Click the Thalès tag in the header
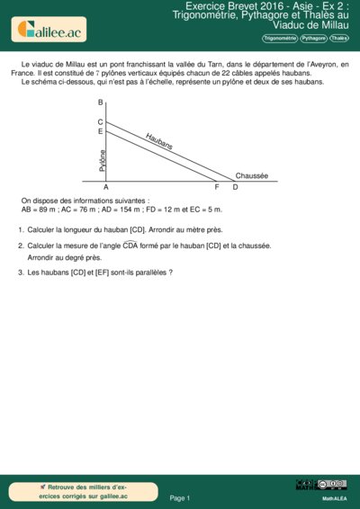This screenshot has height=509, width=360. click(x=339, y=39)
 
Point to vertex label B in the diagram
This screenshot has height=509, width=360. click(x=100, y=103)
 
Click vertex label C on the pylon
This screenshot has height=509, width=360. click(x=100, y=121)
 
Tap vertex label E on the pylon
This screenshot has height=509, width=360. click(x=100, y=131)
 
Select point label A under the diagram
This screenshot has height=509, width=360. click(x=105, y=187)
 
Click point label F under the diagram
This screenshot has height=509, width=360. click(x=217, y=187)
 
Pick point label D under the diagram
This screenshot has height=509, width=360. click(x=235, y=187)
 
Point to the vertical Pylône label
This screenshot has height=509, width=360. click(x=103, y=160)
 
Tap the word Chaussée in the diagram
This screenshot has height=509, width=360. click(x=251, y=175)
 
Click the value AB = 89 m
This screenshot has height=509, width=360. click(x=41, y=209)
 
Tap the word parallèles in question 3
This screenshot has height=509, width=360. click(x=146, y=272)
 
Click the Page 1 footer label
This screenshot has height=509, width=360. click(x=179, y=497)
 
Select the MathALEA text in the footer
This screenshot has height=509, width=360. click(x=334, y=497)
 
